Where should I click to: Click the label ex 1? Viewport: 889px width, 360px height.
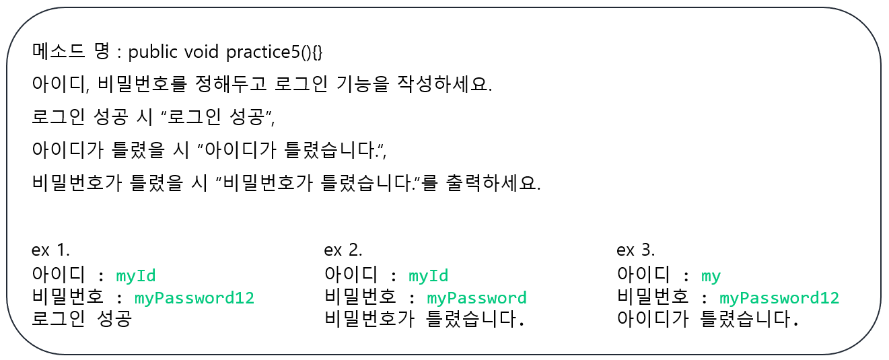tap(50, 250)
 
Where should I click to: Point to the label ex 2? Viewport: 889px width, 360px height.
tap(343, 250)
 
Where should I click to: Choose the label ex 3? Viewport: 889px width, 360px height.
tap(636, 250)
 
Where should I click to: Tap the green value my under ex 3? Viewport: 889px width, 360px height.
tap(711, 275)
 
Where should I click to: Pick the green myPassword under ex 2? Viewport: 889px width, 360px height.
tap(477, 297)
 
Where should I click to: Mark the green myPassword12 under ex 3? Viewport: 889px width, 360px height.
tap(779, 297)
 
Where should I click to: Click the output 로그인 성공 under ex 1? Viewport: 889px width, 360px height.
tap(81, 319)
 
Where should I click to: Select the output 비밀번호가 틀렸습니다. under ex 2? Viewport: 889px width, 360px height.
tap(424, 319)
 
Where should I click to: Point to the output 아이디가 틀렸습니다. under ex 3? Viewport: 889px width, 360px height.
tap(708, 319)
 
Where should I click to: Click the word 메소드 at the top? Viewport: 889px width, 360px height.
tap(56, 52)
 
